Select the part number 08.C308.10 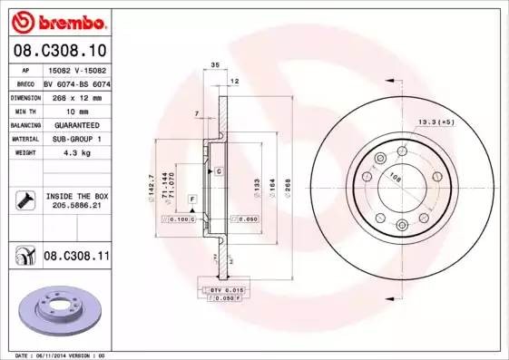[x=58, y=50]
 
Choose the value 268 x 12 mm [x=76, y=95]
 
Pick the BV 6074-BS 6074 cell [x=76, y=82]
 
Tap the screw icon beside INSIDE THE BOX [x=24, y=200]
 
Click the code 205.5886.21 [x=76, y=207]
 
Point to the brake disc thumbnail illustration [x=58, y=311]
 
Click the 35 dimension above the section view [x=215, y=66]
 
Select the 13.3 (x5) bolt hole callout [x=436, y=122]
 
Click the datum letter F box [x=192, y=198]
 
